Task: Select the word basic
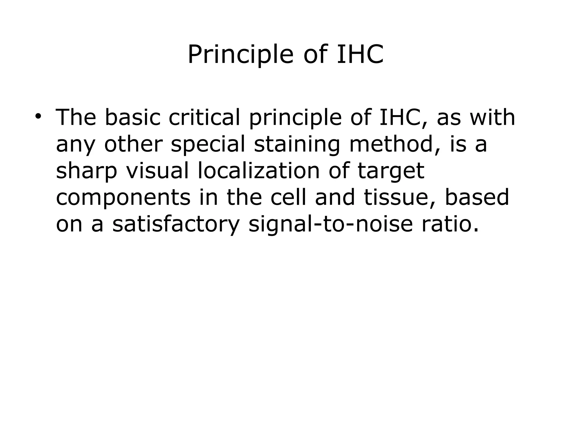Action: [132, 117]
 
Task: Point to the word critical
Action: [204, 117]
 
